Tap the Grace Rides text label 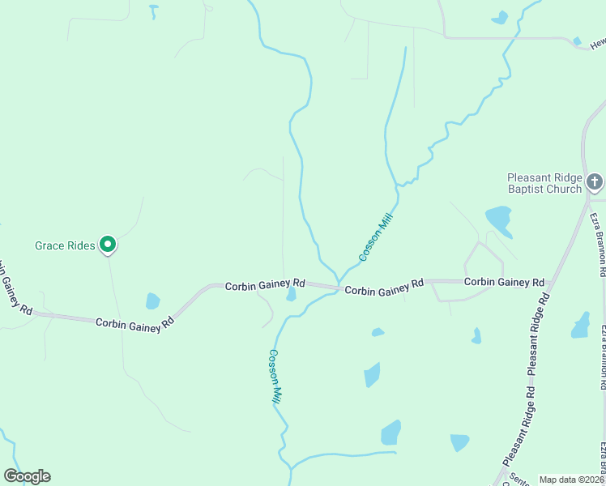[65, 245]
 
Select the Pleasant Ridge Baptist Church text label [544, 183]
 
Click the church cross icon [595, 181]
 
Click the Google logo [27, 476]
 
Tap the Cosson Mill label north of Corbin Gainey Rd [376, 237]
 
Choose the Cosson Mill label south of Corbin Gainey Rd [275, 377]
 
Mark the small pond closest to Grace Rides [152, 301]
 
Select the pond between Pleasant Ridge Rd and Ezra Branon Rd [580, 325]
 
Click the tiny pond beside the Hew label [577, 40]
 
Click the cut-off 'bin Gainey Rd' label [16, 288]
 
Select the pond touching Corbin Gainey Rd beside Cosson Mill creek [291, 294]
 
